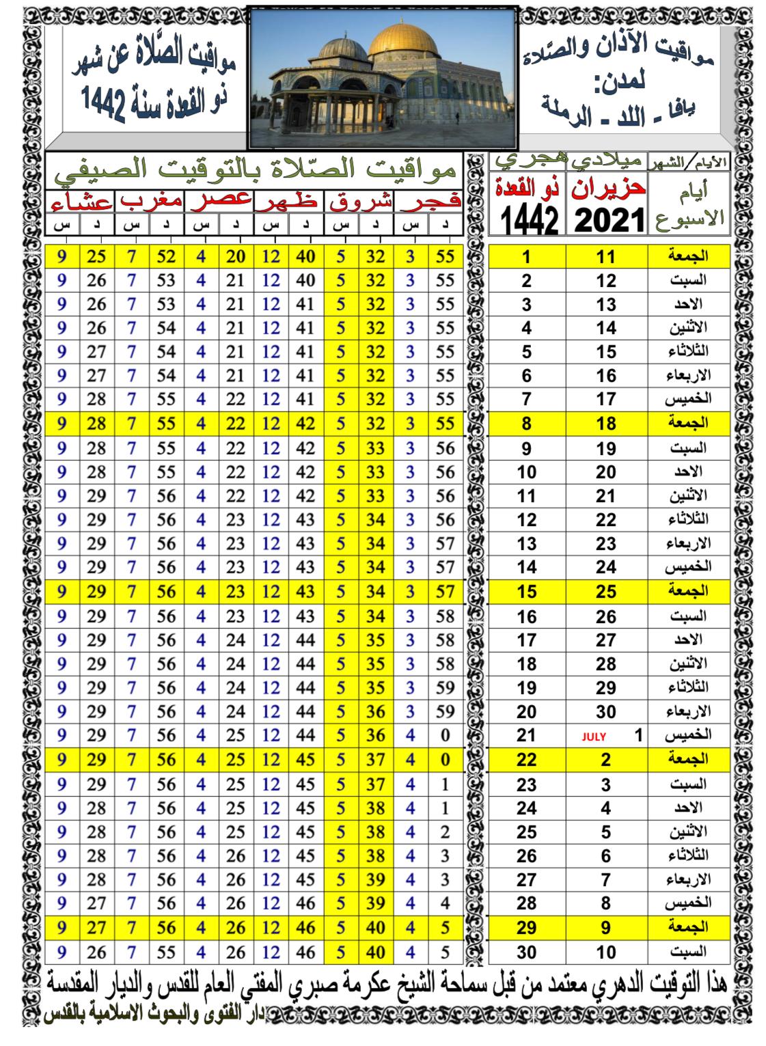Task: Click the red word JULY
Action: click(x=594, y=737)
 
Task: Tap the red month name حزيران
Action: click(x=607, y=188)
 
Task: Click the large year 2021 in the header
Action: click(x=607, y=219)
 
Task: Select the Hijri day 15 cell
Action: click(x=526, y=592)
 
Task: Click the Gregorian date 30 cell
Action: click(x=605, y=712)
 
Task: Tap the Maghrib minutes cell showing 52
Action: click(x=166, y=256)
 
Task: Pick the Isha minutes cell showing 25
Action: click(x=97, y=256)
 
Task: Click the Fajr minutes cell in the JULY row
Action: click(x=445, y=736)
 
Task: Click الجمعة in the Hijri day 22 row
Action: click(x=689, y=760)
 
